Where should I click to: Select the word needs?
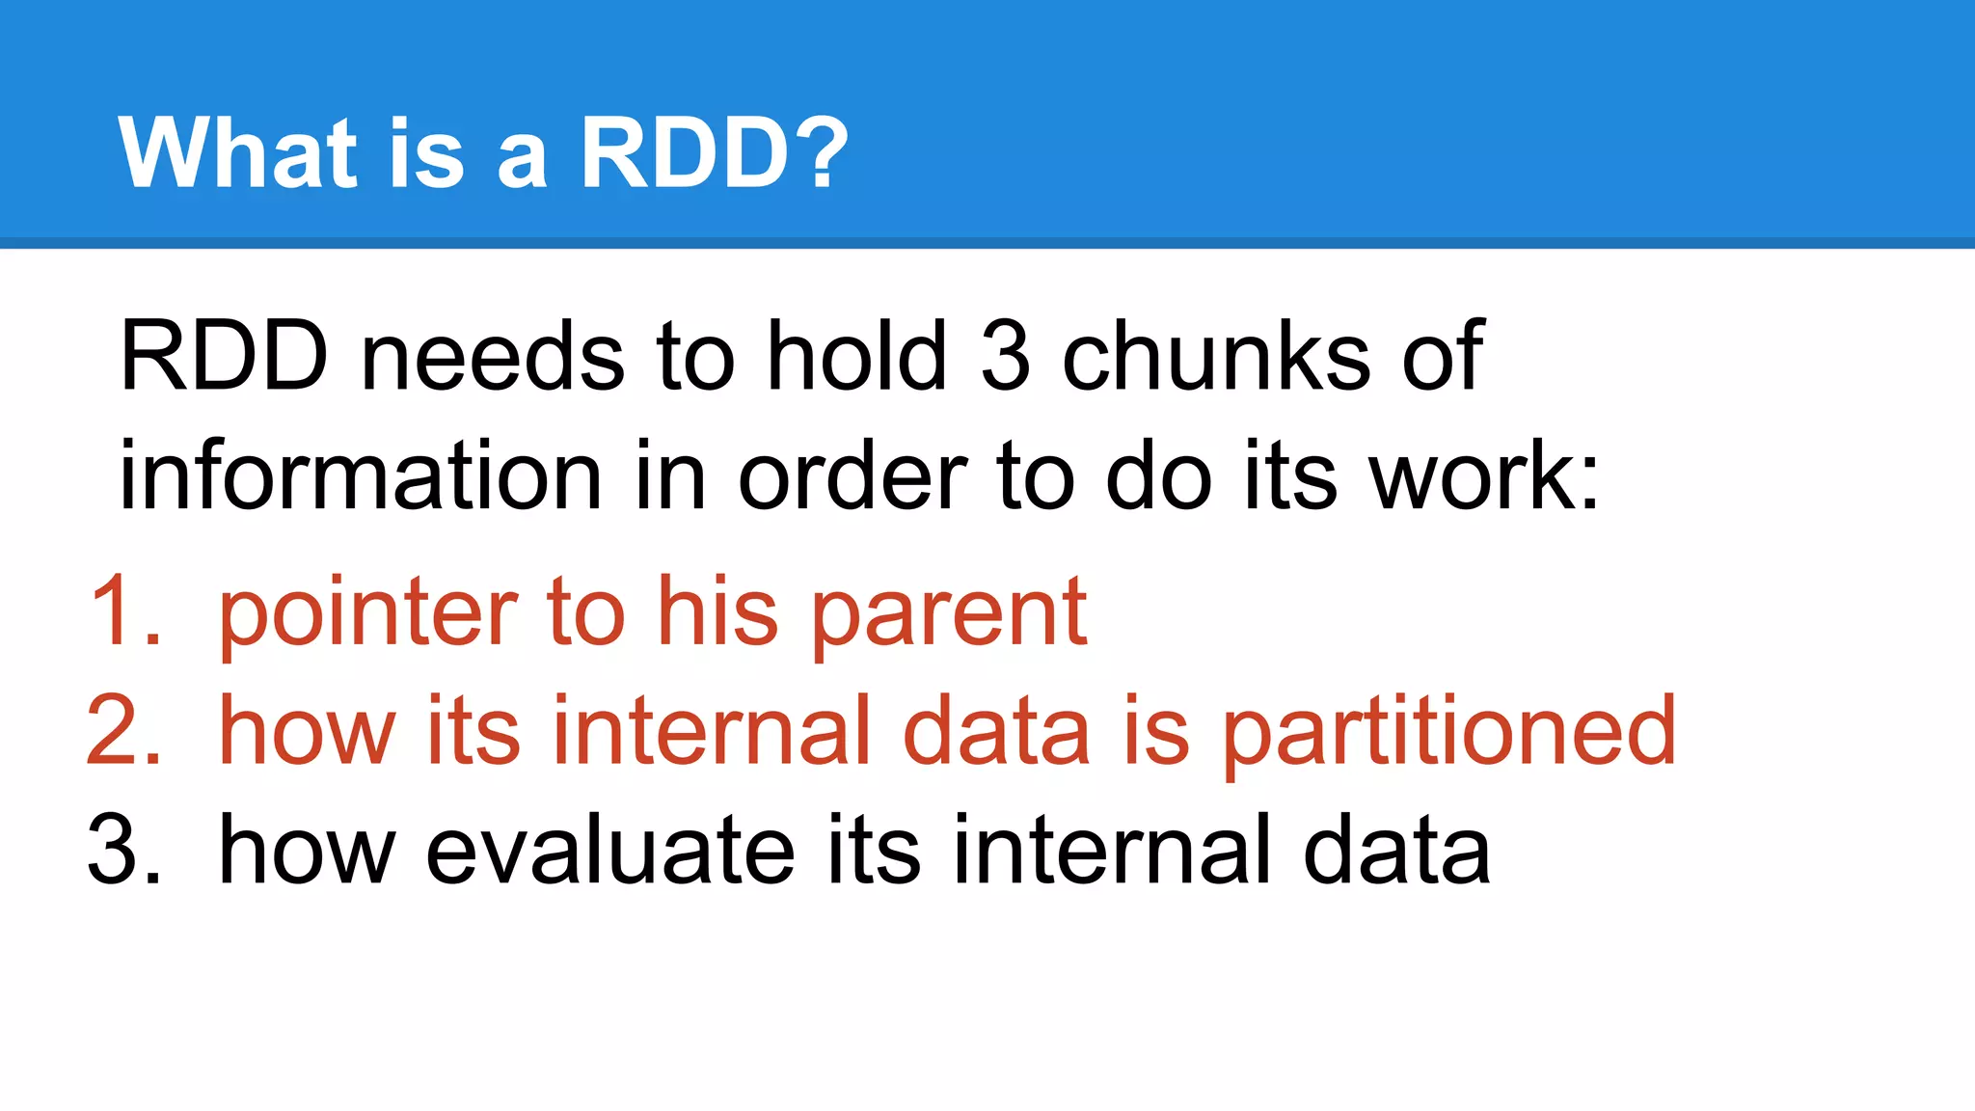(492, 357)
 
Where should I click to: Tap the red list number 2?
(123, 731)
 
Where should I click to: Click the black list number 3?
(123, 850)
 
